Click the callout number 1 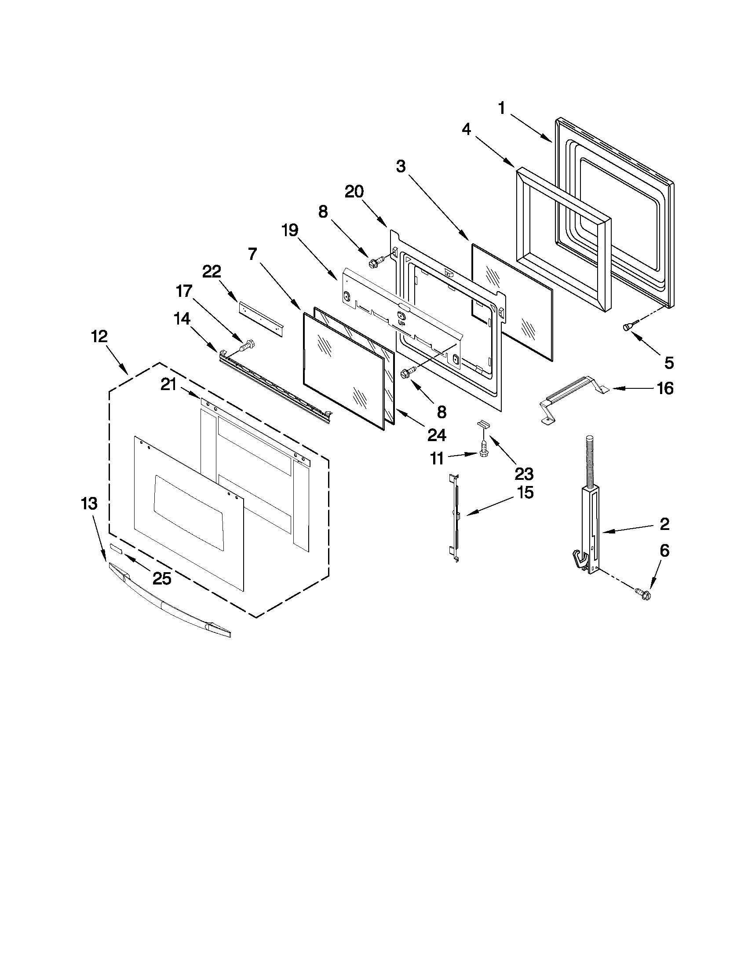click(502, 108)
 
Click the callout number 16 click(665, 388)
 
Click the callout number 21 click(169, 385)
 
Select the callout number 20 click(354, 191)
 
